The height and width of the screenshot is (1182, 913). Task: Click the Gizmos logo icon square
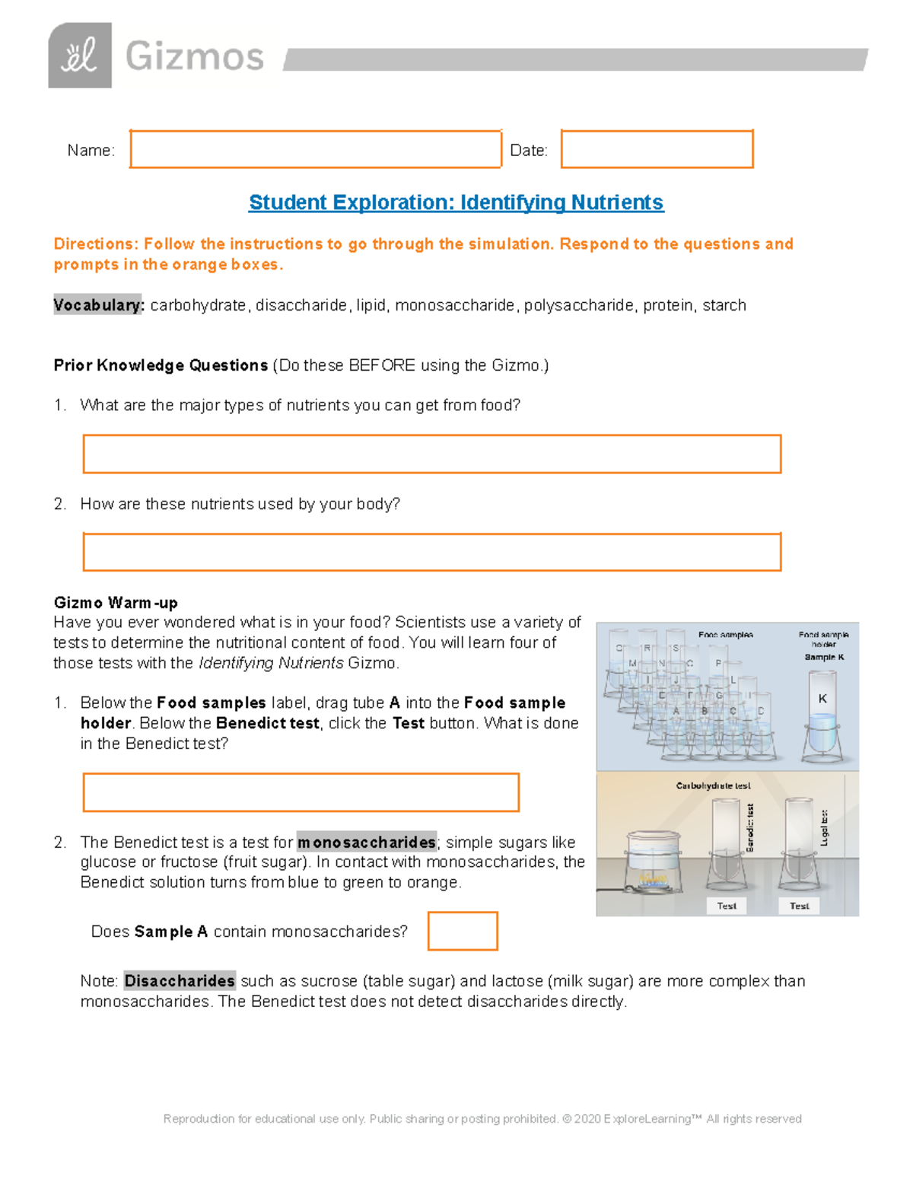click(80, 56)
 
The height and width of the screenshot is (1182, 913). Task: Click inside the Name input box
click(315, 149)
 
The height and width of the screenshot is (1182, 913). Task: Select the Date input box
click(657, 149)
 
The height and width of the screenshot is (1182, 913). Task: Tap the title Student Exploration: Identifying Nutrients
click(456, 202)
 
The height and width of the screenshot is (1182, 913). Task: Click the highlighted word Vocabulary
click(97, 305)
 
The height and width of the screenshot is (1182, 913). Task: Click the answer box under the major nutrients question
click(431, 454)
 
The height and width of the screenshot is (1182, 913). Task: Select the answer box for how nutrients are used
click(431, 552)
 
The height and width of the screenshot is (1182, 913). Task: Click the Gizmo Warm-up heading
click(116, 603)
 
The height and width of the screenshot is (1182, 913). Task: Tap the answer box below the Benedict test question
click(301, 792)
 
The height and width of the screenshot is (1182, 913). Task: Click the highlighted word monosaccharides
click(366, 843)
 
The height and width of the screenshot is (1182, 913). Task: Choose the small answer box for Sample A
click(463, 931)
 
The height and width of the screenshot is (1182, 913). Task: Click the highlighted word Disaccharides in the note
click(180, 981)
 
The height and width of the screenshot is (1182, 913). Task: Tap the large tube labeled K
click(822, 719)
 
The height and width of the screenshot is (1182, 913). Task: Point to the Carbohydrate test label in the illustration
click(713, 785)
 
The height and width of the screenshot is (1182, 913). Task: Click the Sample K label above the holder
click(824, 657)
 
